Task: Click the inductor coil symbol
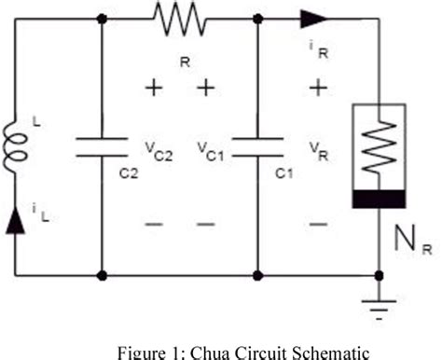17,144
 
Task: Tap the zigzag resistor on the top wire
178,16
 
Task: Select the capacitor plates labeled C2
101,146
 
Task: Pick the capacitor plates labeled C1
256,146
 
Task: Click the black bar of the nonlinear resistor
378,198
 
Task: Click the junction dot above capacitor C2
101,16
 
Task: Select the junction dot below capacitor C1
256,274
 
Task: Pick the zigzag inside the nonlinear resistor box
378,149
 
